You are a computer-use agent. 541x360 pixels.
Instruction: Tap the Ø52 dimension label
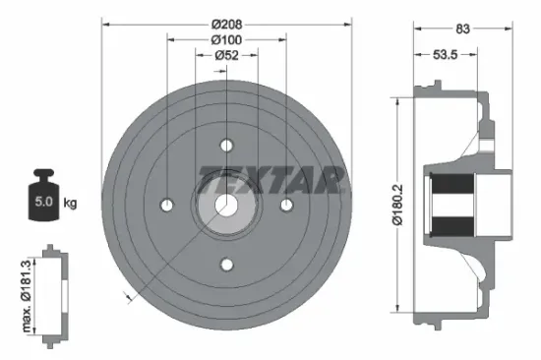pos(226,55)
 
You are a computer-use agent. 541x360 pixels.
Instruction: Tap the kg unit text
pos(70,204)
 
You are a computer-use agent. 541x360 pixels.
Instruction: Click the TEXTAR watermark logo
pos(270,180)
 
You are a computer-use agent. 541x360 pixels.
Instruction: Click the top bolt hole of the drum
pos(226,146)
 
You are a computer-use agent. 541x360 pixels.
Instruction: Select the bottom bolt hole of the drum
pos(226,264)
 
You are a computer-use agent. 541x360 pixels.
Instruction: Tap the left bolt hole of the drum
pos(167,205)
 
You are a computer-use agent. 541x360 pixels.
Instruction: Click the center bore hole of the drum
pos(226,205)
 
